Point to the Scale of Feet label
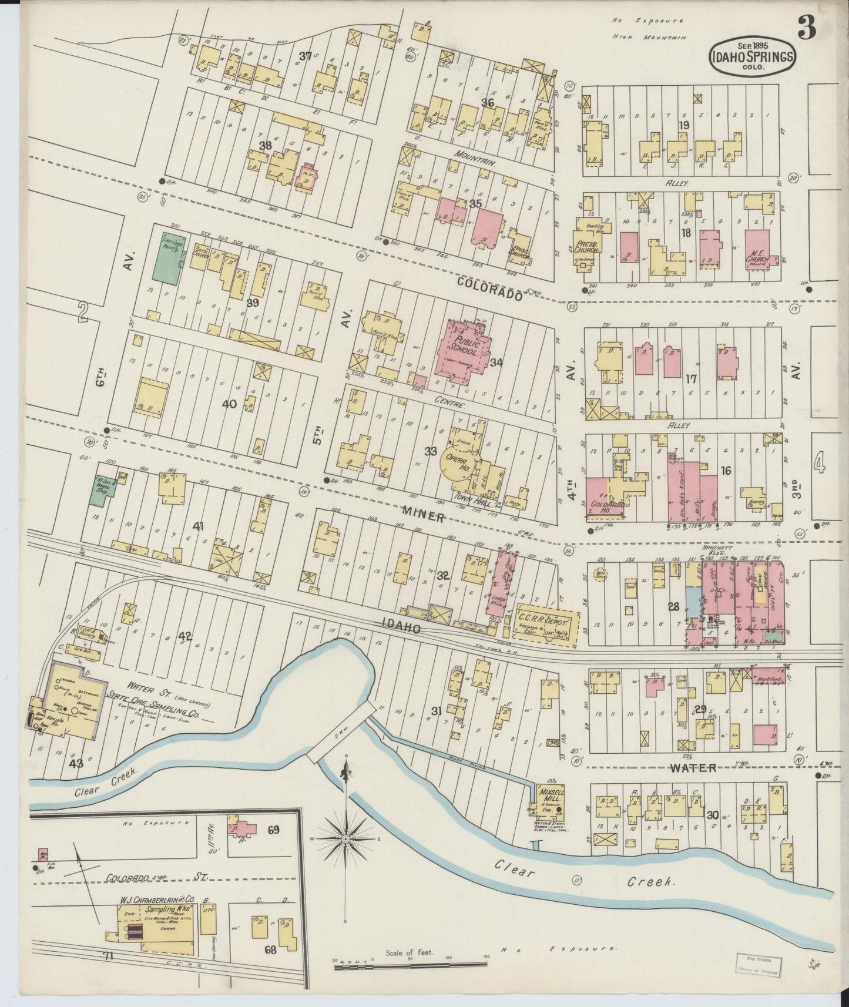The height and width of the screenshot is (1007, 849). [x=409, y=952]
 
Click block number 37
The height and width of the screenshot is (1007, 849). [x=305, y=56]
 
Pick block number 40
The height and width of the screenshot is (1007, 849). [x=229, y=404]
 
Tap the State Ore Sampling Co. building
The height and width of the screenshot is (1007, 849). [x=71, y=702]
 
